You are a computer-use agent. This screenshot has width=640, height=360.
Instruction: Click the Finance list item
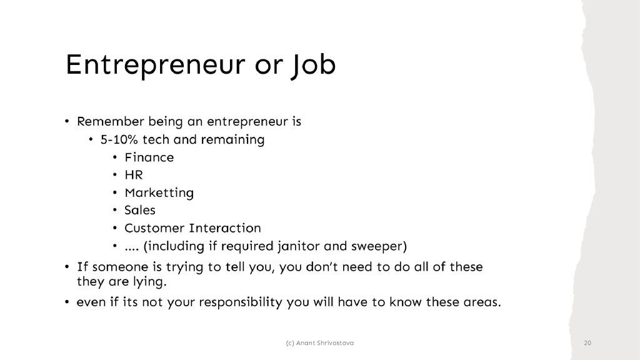tap(149, 157)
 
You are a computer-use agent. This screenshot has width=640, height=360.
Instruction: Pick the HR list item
tap(134, 175)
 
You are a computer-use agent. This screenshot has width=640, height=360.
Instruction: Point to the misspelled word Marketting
tap(159, 192)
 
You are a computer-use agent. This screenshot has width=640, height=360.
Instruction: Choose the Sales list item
tap(140, 210)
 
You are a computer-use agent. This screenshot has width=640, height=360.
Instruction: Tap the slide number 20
tap(587, 343)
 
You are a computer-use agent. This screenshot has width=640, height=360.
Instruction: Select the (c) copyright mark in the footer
tap(289, 343)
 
